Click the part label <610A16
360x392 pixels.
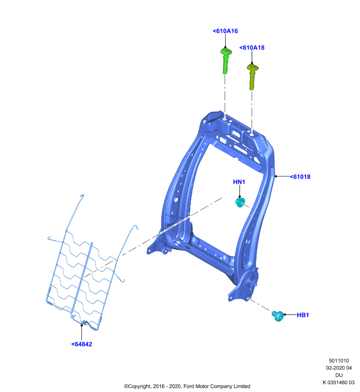click(225, 31)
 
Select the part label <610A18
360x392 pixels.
click(252, 48)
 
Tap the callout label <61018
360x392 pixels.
click(300, 177)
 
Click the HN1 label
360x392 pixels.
click(239, 182)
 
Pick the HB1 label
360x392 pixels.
click(303, 315)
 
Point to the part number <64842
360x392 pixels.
click(81, 344)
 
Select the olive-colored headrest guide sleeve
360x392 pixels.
click(253, 77)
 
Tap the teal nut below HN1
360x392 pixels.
click(240, 202)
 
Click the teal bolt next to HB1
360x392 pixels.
click(278, 316)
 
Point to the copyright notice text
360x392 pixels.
click(187, 386)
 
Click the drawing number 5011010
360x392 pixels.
click(339, 361)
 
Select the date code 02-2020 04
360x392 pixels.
click(339, 368)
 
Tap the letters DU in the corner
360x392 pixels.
click(339, 375)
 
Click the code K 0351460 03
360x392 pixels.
click(338, 382)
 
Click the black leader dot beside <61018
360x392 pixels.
click(276, 176)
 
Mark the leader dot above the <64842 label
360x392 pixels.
click(81, 325)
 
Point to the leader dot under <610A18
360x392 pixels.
click(252, 63)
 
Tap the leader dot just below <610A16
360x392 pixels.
click(226, 47)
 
